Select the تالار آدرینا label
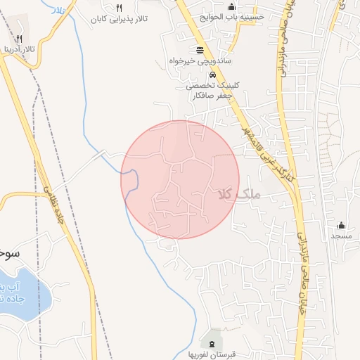pyautogui.click(x=18, y=51)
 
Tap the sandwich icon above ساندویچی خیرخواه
pyautogui.click(x=200, y=49)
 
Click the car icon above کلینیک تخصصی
pyautogui.click(x=212, y=73)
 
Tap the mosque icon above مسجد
pyautogui.click(x=342, y=224)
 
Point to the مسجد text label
pyautogui.click(x=342, y=236)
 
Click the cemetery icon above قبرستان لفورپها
pyautogui.click(x=212, y=342)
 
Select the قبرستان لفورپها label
pyautogui.click(x=211, y=354)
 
